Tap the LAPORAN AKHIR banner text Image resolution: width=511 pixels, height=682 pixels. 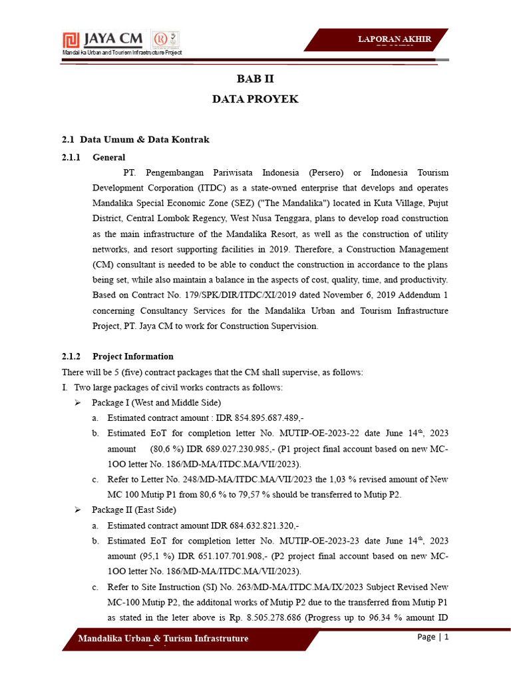[x=395, y=39]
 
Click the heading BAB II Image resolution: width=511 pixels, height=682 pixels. [x=255, y=77]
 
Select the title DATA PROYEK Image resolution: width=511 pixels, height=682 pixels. [x=255, y=99]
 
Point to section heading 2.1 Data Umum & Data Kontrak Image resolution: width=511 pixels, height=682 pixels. [x=136, y=139]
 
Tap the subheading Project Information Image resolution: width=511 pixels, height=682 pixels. [x=133, y=356]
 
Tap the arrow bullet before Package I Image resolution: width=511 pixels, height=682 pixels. [x=78, y=403]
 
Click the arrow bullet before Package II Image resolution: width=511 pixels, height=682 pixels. [x=78, y=510]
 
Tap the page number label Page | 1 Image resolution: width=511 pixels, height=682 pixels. [x=433, y=637]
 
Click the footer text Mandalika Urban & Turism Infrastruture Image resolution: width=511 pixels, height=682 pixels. [x=164, y=639]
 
